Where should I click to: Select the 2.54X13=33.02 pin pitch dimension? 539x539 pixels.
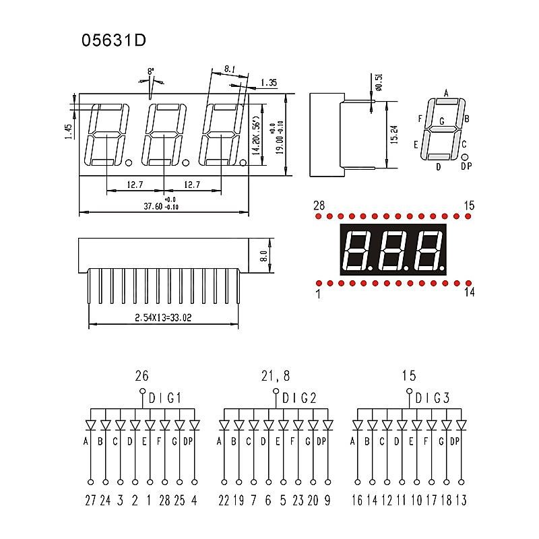pyautogui.click(x=164, y=317)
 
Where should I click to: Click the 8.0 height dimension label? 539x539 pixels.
pyautogui.click(x=264, y=255)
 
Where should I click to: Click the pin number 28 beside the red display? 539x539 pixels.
pyautogui.click(x=319, y=205)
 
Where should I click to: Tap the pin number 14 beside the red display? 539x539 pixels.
pyautogui.click(x=469, y=292)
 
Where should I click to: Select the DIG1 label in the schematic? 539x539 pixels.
pyautogui.click(x=165, y=398)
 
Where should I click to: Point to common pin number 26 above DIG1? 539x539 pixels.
pyautogui.click(x=141, y=376)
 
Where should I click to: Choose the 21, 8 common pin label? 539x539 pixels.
pyautogui.click(x=275, y=376)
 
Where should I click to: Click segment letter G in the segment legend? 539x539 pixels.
pyautogui.click(x=441, y=122)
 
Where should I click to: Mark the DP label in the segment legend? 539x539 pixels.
pyautogui.click(x=466, y=166)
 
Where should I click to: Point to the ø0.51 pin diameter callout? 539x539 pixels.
pyautogui.click(x=379, y=81)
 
